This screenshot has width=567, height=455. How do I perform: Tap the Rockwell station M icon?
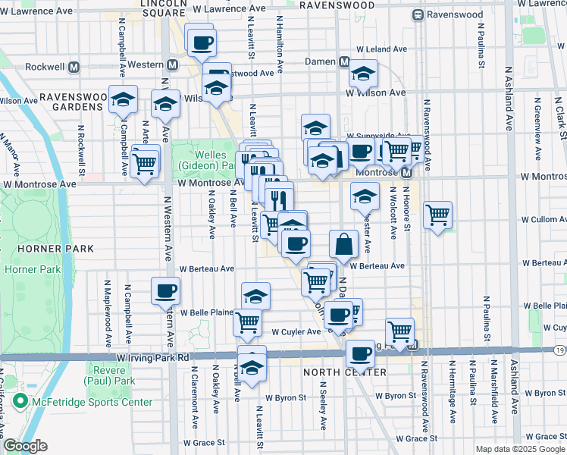[74, 66]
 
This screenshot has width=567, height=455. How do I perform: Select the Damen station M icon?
[343, 62]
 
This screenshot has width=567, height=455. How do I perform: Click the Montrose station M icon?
[406, 173]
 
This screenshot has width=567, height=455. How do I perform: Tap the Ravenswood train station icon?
[417, 15]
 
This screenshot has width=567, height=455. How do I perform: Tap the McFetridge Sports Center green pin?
[19, 402]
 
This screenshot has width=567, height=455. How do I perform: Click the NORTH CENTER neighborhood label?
[344, 372]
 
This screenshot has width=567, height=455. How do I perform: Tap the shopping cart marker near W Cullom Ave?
[437, 214]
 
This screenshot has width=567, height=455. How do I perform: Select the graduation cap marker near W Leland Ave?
[363, 74]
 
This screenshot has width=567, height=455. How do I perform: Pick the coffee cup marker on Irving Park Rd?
[360, 352]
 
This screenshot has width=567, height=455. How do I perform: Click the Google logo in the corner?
[25, 446]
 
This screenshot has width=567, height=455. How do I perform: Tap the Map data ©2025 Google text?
[520, 449]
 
